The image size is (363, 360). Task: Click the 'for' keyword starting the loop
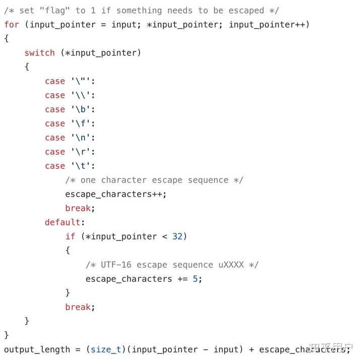(x=12, y=24)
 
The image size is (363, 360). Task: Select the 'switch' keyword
(x=39, y=52)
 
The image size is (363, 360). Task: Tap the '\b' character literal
(x=83, y=109)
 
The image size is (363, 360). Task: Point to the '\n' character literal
(x=83, y=137)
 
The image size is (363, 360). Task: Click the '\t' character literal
(x=83, y=165)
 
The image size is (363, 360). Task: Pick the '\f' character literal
(x=83, y=123)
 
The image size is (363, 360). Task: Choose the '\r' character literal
(x=83, y=151)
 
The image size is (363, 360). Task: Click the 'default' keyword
(x=63, y=222)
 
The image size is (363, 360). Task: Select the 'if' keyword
(x=70, y=236)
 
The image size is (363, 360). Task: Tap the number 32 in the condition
(x=177, y=236)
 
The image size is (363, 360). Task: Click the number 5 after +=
(x=195, y=278)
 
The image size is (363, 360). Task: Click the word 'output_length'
(x=37, y=349)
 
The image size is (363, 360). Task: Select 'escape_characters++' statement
(x=115, y=194)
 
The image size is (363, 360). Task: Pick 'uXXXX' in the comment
(x=231, y=264)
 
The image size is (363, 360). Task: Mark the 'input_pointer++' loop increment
(x=267, y=24)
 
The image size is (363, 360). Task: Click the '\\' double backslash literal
(x=83, y=95)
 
